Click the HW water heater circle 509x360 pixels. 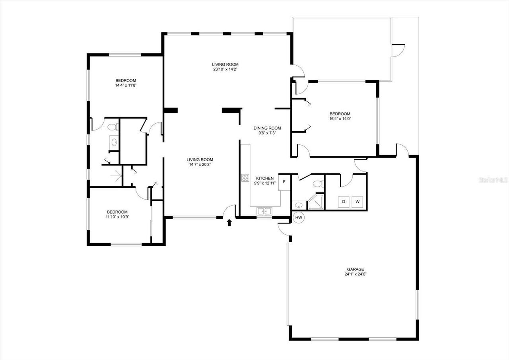(299, 218)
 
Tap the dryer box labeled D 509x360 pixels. (344, 202)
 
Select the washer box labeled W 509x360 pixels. (357, 202)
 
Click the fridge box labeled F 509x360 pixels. (284, 182)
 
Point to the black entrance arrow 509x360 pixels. (229, 222)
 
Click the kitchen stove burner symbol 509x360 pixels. (245, 178)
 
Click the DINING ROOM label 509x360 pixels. (267, 128)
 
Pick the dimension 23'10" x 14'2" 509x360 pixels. (225, 69)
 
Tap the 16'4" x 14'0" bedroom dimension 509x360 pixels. (340, 119)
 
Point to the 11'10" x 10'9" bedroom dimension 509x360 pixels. (117, 217)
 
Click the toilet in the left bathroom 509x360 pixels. (113, 127)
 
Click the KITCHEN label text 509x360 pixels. (264, 178)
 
